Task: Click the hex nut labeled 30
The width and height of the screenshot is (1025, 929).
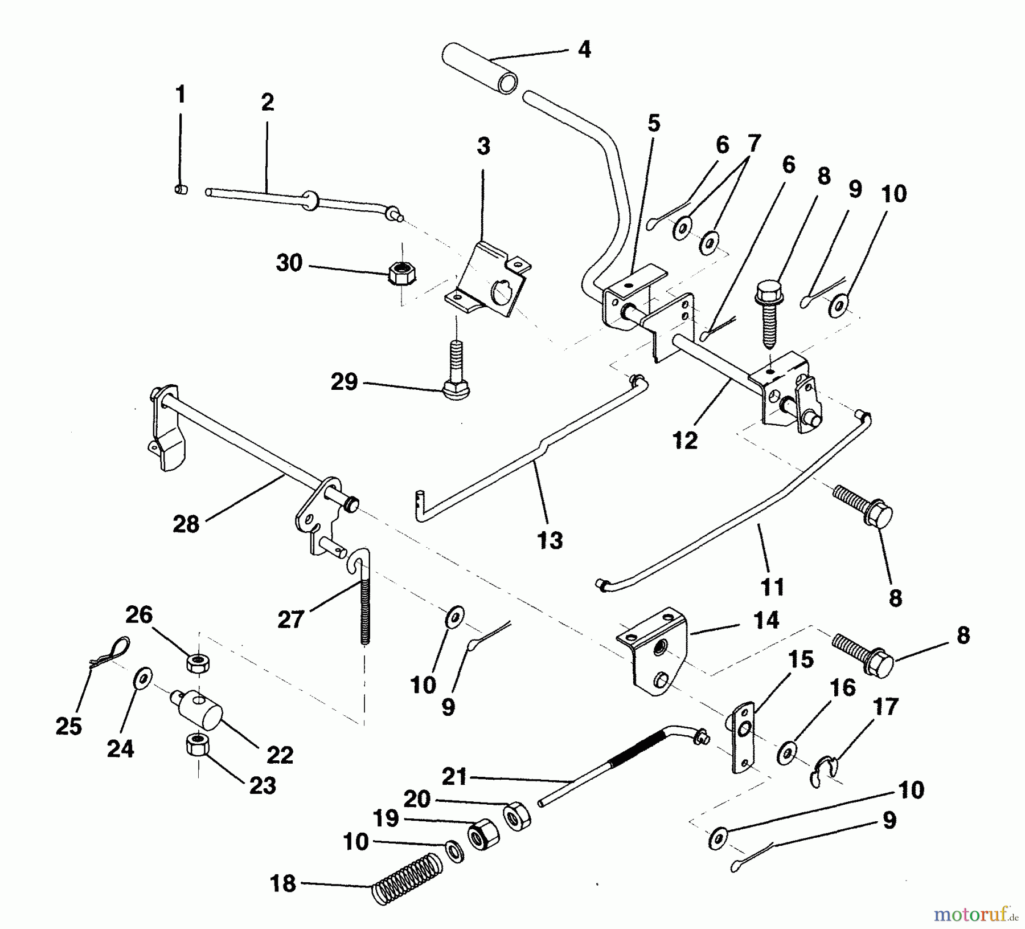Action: coord(403,274)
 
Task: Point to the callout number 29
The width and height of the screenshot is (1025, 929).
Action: coord(344,382)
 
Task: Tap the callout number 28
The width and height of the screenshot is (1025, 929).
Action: coord(186,524)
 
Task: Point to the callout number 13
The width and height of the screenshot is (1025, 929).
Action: coord(550,540)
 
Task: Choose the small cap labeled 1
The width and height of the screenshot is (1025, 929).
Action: coord(181,189)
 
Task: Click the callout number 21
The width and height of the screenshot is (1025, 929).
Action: coord(454,777)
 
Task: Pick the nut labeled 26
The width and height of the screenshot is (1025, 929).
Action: coord(197,662)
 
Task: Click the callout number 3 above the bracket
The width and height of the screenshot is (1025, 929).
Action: coord(483,146)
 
